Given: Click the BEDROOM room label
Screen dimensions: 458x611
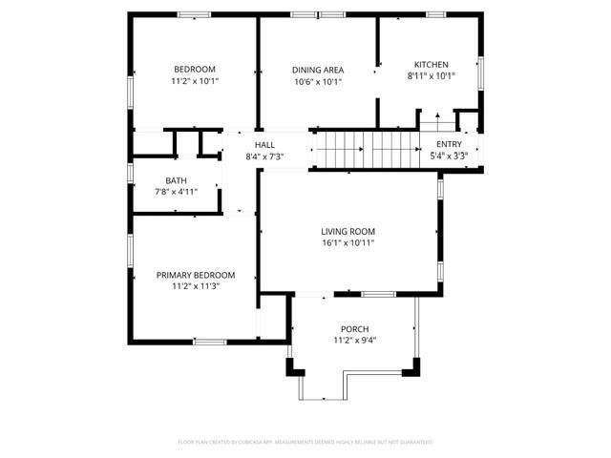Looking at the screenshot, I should point(195,69).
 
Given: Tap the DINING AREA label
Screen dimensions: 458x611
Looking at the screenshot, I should point(317,70).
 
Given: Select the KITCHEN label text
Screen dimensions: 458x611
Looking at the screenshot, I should point(431,64).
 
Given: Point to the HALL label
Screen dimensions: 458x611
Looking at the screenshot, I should point(264,144).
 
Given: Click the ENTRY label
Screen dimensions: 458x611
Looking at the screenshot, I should point(449,144).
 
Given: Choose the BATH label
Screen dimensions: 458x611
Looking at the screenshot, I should point(176,180).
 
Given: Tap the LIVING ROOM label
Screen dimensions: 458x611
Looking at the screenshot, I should point(348,231).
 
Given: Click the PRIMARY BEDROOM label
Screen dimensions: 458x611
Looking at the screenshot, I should point(195,275).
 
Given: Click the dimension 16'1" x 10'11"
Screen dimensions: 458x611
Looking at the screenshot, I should point(348,243).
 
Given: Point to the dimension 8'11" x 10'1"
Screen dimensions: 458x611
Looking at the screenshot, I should point(431,76).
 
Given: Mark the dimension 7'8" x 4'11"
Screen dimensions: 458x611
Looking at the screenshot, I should point(176,192).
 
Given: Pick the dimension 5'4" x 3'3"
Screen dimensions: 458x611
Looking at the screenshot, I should point(449,156).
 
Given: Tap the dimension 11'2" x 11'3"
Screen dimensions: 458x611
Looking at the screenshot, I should point(195,286).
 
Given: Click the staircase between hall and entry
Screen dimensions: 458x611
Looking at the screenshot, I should point(367,150).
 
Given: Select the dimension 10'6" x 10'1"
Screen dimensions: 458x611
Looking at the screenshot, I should point(317,82).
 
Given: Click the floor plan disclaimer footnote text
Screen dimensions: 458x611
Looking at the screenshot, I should point(305,442).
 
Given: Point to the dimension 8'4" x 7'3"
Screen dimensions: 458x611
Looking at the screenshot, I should point(264,156).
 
